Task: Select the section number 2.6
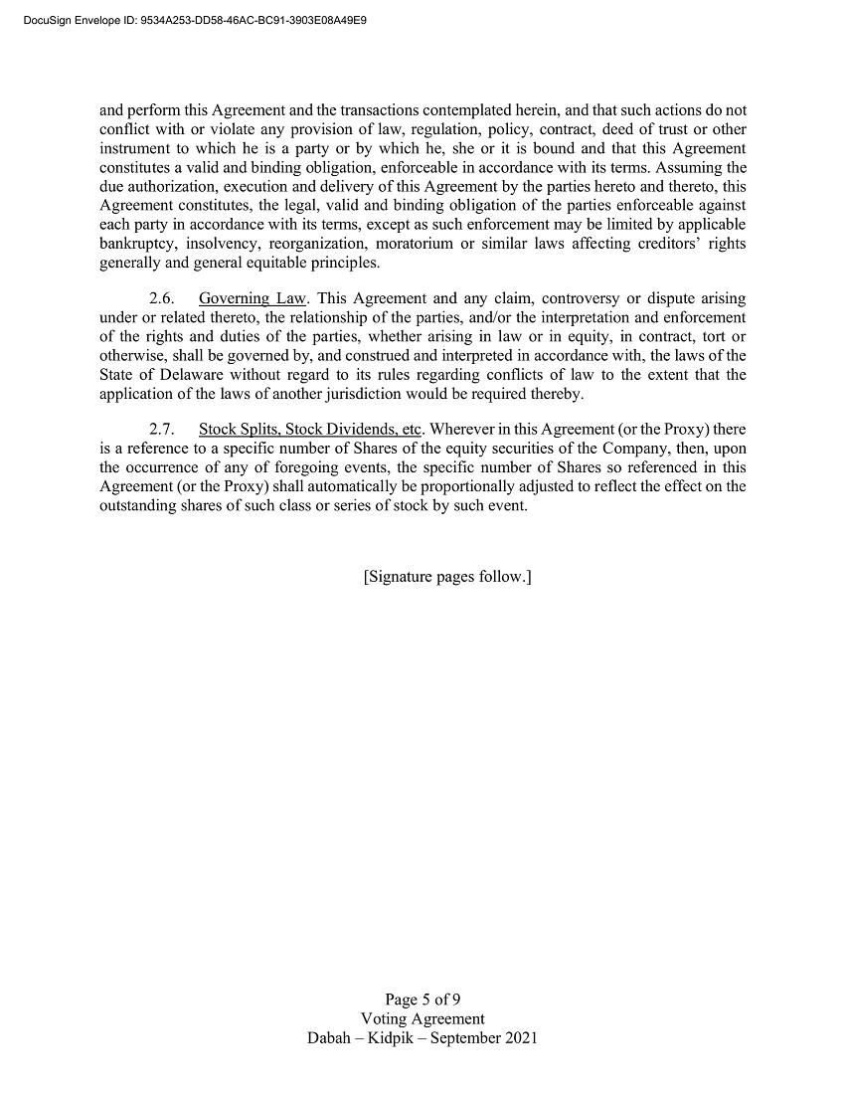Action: [162, 298]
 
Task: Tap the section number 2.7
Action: [162, 430]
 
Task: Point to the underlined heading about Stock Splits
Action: [310, 430]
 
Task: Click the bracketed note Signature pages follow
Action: [447, 577]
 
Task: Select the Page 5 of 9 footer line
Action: [423, 1000]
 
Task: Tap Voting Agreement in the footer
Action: [423, 1018]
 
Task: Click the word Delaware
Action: [188, 375]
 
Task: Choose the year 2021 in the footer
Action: [520, 1037]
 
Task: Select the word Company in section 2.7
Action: [634, 449]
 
